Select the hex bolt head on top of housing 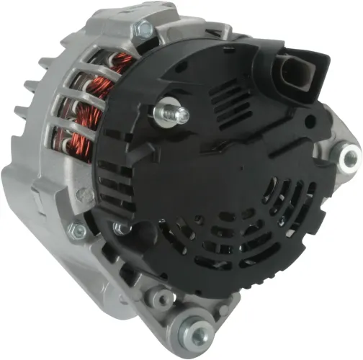click(x=145, y=29)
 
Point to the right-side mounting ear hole click(x=349, y=153)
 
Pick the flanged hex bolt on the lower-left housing click(x=75, y=230)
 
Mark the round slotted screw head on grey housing click(x=84, y=194)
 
